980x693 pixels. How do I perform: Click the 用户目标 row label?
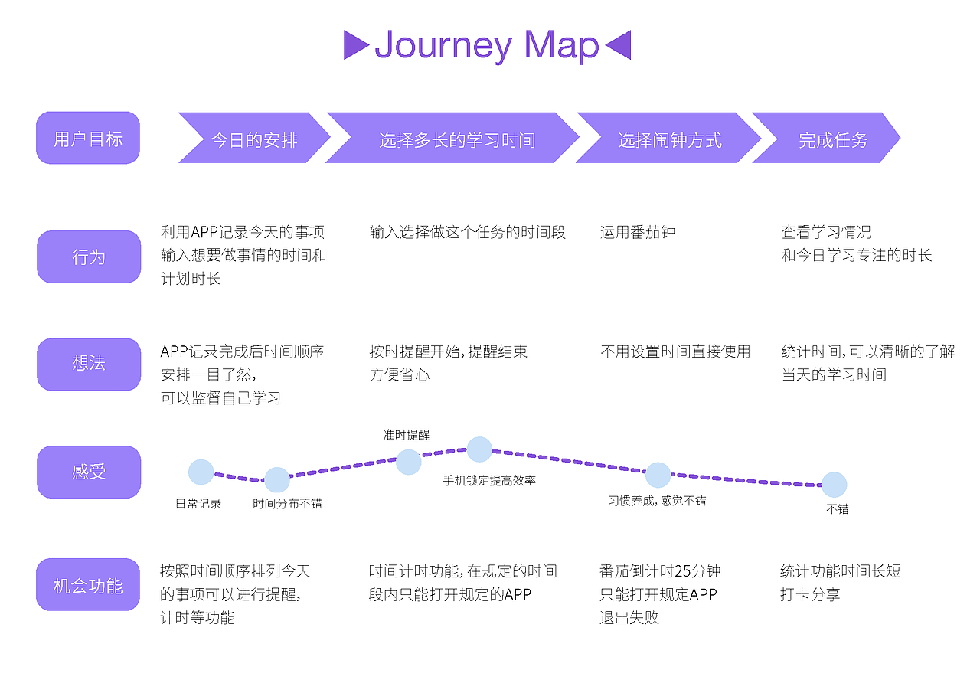[88, 138]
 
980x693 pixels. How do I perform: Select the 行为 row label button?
[89, 257]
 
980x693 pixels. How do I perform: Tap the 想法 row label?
[89, 364]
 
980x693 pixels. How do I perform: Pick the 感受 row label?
[89, 472]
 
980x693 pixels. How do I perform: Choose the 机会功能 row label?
[88, 584]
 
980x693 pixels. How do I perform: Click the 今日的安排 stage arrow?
[254, 138]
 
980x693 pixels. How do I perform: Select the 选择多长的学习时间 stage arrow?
[452, 138]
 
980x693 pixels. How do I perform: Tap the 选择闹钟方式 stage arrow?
[668, 138]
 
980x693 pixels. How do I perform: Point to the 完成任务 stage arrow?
[826, 138]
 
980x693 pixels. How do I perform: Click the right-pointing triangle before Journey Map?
[355, 44]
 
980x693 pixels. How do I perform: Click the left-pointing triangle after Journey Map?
[619, 44]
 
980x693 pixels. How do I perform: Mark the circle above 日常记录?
[201, 472]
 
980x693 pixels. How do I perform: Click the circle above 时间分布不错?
[277, 480]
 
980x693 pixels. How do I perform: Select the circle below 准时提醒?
[409, 462]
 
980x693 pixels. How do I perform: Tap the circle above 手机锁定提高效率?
[479, 449]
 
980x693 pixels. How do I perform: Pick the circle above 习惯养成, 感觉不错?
[658, 475]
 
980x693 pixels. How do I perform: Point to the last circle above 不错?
[835, 485]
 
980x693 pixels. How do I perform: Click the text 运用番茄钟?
[638, 232]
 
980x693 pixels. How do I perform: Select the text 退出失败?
[629, 617]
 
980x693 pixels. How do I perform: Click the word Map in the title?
[561, 45]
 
